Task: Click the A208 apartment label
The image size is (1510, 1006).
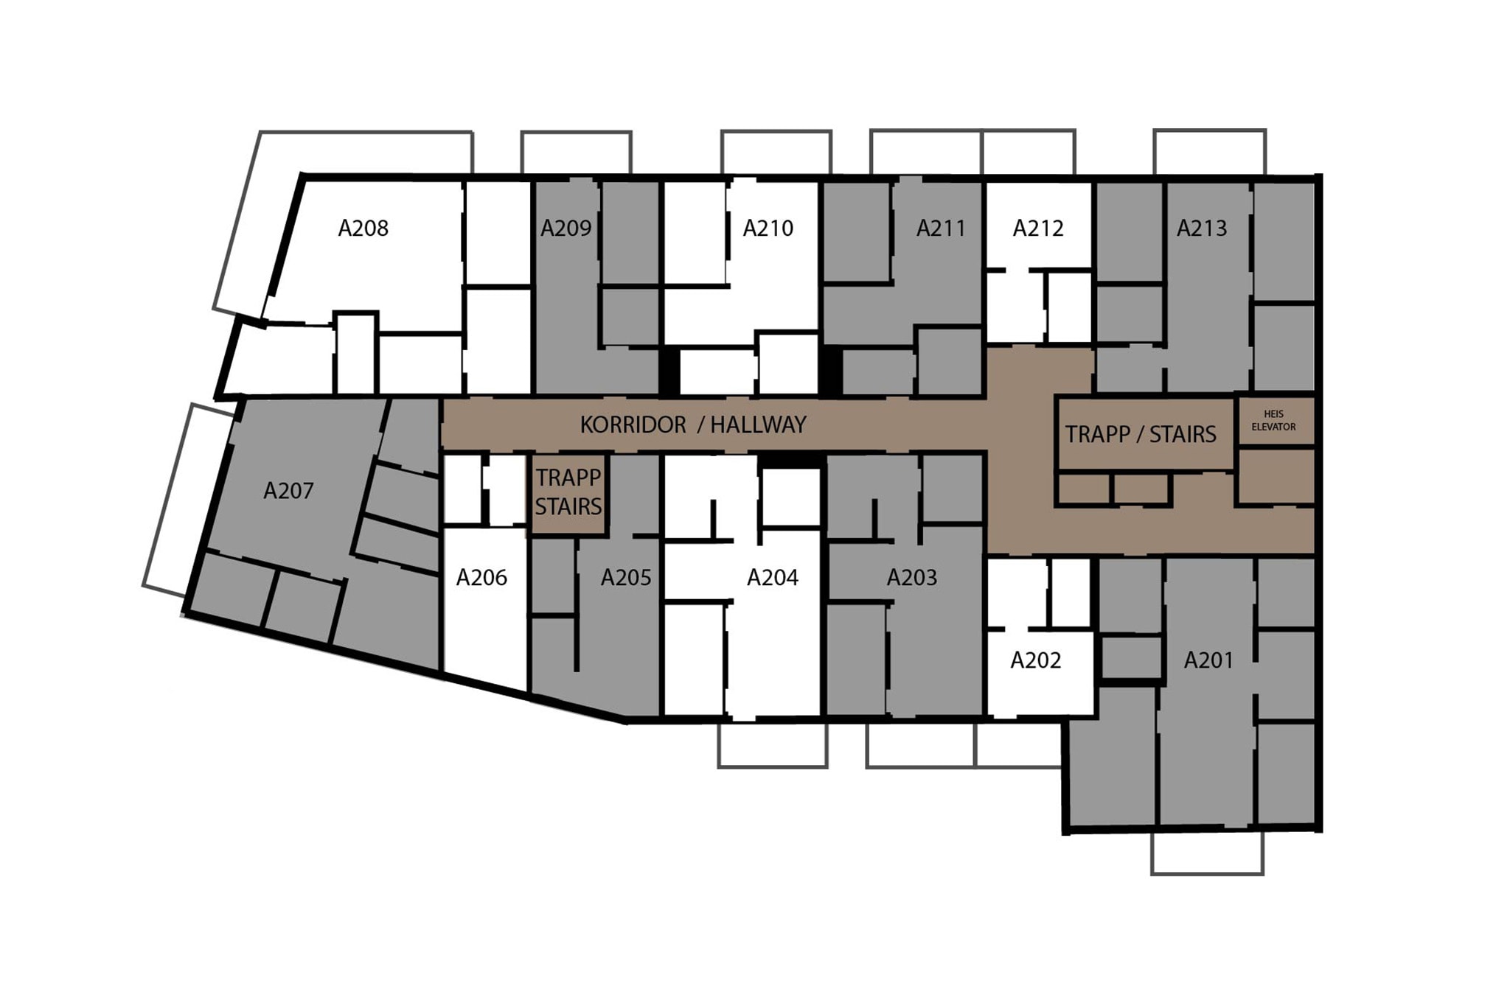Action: coord(363,228)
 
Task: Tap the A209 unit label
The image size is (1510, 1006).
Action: coord(566,228)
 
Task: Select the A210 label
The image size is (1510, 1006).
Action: coord(768,228)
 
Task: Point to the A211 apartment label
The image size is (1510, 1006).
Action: coord(941,228)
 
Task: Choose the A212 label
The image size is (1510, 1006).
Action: coord(1038,228)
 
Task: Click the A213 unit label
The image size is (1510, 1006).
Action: coord(1202,228)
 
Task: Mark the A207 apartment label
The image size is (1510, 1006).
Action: coord(288,491)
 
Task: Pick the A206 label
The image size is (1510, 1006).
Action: coord(481,577)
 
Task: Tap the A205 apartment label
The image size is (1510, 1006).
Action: coord(626,577)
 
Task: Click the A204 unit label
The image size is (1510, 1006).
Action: coord(773,577)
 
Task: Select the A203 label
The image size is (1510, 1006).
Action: coord(912,577)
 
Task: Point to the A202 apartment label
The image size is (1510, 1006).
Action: coord(1036,660)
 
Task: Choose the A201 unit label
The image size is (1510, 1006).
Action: coord(1208,660)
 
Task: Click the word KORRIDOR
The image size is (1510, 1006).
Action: coord(633,425)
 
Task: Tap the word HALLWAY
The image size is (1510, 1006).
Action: coord(758,425)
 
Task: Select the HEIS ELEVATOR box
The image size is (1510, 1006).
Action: coord(1275,422)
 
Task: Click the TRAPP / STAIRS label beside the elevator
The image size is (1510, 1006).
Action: coord(1141,435)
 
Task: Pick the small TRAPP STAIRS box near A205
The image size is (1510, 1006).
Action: coord(568,492)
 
